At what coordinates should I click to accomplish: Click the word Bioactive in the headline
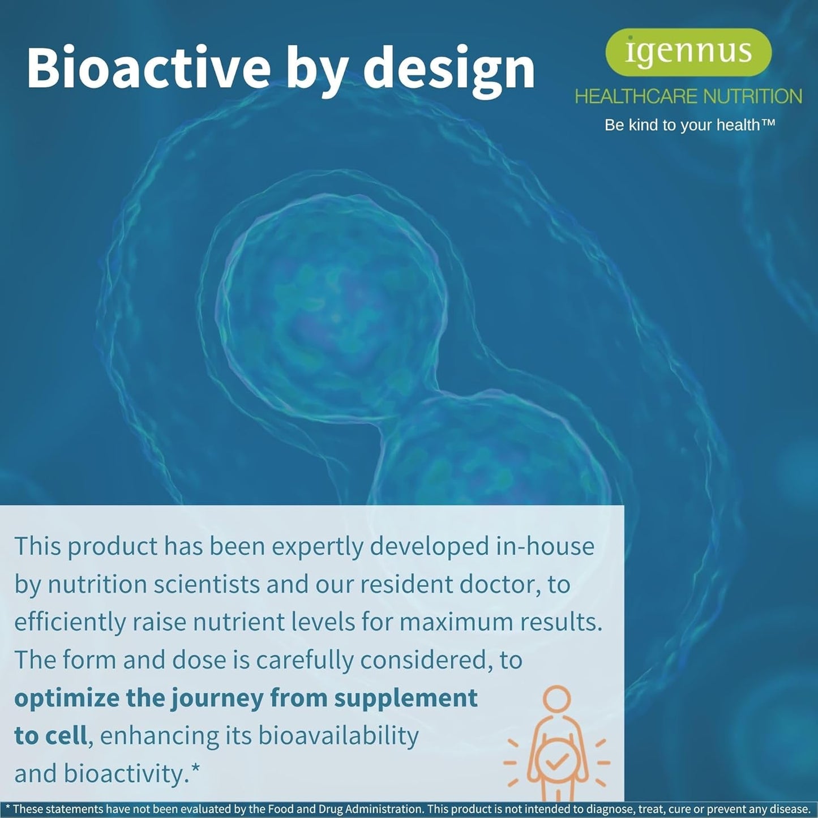tap(148, 68)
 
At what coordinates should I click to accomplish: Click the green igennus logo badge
tap(688, 52)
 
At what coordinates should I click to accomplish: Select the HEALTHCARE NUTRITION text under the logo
tap(688, 97)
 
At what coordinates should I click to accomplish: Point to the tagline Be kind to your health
tap(689, 125)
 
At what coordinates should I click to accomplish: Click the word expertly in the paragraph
tap(318, 547)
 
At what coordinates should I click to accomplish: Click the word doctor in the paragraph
tap(500, 585)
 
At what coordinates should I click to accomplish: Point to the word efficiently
tap(70, 623)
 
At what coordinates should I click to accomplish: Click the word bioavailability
tap(339, 736)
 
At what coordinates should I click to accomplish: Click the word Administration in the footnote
tap(384, 809)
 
